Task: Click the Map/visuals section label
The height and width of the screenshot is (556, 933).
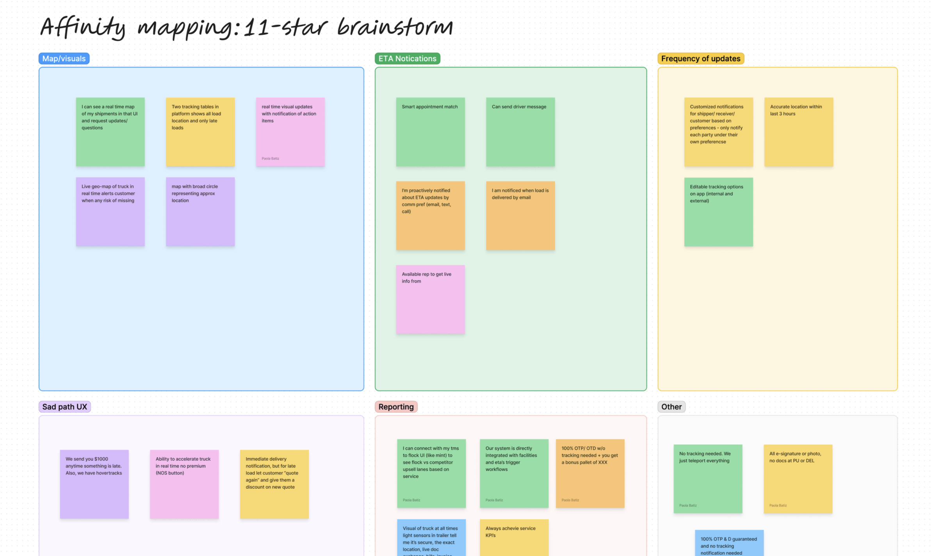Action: tap(64, 59)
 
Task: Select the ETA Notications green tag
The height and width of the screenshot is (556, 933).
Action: tap(407, 59)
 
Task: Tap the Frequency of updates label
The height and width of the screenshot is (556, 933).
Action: tap(700, 59)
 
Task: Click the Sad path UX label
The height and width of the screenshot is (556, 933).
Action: tap(64, 406)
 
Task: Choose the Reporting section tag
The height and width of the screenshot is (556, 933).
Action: tap(396, 406)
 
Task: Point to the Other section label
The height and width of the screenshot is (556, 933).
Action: tap(671, 406)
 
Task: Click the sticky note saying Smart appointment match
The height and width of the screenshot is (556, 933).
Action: tap(430, 132)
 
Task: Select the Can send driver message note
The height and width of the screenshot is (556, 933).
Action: tap(520, 132)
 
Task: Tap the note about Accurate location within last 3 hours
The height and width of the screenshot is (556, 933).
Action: tap(798, 132)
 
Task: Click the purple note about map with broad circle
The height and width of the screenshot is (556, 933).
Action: tap(200, 212)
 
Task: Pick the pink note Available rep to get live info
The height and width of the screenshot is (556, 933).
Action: tap(430, 299)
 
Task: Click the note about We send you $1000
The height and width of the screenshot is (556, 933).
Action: tap(94, 484)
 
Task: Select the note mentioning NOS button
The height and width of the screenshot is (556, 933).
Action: tap(184, 484)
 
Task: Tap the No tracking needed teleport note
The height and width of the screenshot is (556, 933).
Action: tap(707, 478)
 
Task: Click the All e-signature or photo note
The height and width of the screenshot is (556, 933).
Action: tap(798, 478)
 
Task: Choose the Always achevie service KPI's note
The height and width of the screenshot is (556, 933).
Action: tap(514, 537)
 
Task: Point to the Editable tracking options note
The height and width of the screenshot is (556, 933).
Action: tap(718, 212)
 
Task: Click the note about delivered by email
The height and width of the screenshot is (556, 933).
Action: tap(520, 215)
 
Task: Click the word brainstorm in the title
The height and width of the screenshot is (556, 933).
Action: tap(395, 27)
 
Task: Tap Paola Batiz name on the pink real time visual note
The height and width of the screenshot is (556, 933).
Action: tap(270, 159)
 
